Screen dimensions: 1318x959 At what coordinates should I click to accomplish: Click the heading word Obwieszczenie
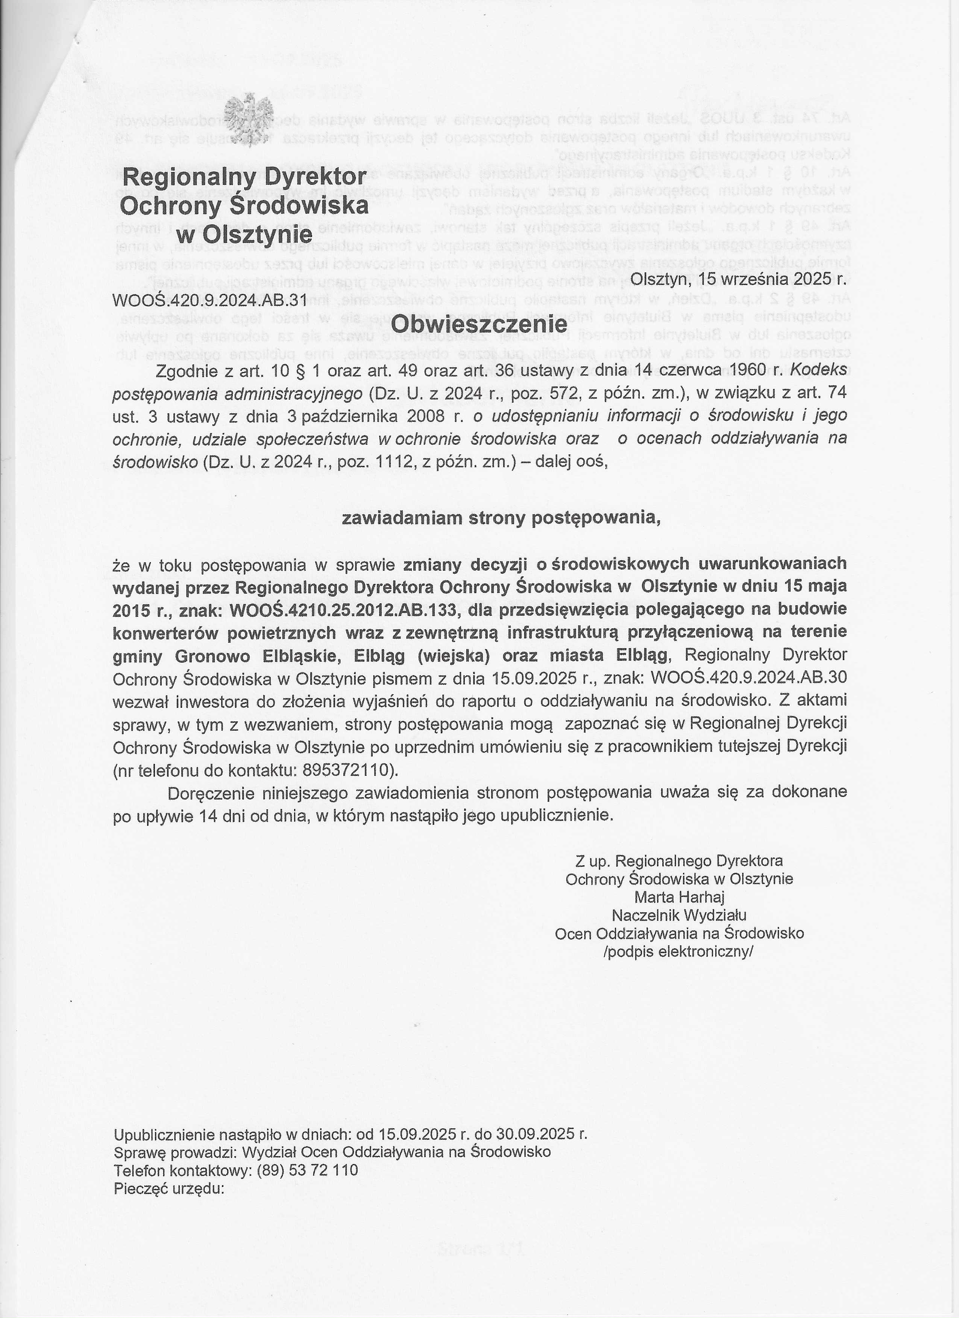479,324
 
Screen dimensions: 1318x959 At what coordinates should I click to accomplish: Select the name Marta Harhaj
679,897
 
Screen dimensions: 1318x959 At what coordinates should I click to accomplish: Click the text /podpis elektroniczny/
679,952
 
